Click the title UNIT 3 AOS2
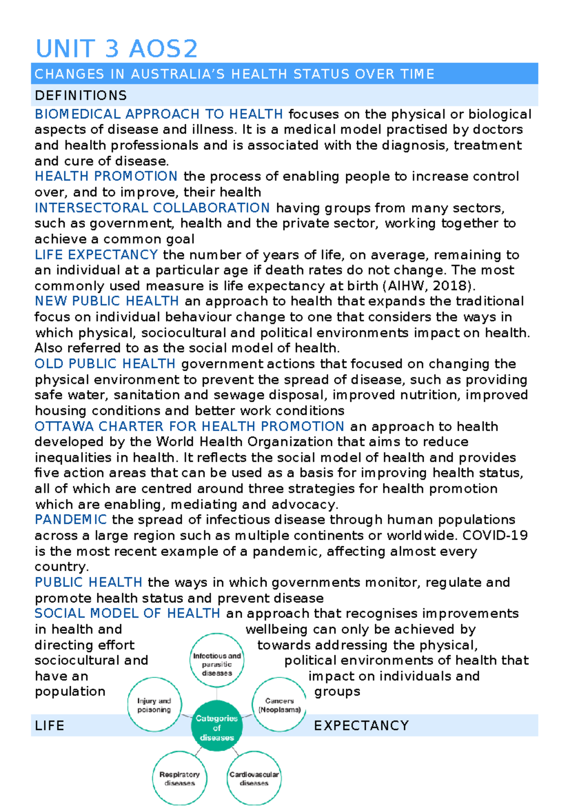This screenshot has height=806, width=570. point(116,49)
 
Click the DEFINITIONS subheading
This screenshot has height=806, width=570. point(81,96)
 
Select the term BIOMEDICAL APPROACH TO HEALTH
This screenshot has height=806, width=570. point(159,114)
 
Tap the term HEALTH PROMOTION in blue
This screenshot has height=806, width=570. point(106,176)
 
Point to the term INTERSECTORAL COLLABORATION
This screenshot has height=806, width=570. point(152,208)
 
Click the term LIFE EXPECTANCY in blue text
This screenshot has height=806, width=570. point(96,255)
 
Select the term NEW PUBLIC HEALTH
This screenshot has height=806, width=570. point(106,301)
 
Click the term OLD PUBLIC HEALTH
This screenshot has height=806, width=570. point(105,364)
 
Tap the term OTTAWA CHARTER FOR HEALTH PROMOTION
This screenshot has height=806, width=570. point(189,426)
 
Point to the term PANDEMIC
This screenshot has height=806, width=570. point(70,519)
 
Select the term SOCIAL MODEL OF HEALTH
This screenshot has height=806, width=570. point(127,614)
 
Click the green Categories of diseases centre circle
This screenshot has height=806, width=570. point(217,728)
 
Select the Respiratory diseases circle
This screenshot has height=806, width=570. point(180,778)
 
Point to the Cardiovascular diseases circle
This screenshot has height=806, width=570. point(254,778)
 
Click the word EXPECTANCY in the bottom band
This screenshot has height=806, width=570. point(361,726)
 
